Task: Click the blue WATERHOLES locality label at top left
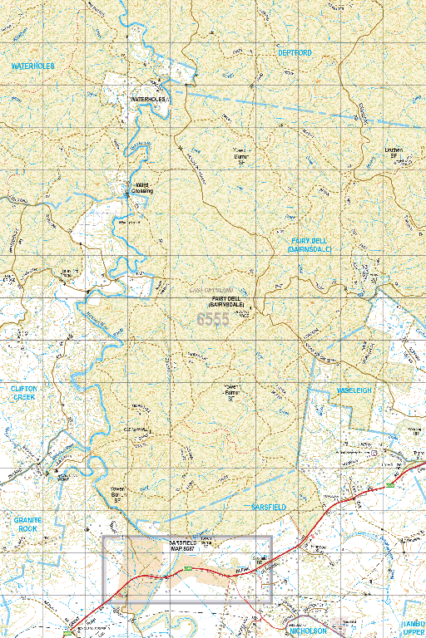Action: tap(32, 65)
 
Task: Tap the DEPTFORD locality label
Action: tap(295, 52)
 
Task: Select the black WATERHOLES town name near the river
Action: tap(149, 99)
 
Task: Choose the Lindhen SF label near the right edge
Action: tap(394, 153)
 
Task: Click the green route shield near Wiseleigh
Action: tap(388, 484)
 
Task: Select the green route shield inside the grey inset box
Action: tap(188, 568)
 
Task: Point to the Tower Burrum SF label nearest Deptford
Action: tap(242, 152)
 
